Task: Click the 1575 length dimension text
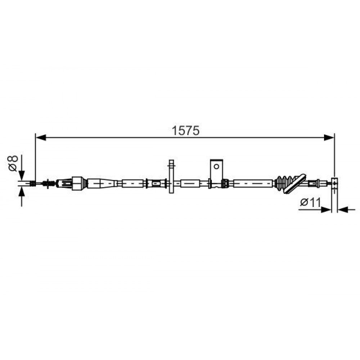pos(185,131)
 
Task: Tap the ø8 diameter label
pos(13,163)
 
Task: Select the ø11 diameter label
pos(310,202)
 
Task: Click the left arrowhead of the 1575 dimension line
pos(41,138)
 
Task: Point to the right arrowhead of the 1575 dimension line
pos(329,138)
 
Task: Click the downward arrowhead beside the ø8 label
pos(22,176)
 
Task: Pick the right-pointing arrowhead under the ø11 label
pos(326,210)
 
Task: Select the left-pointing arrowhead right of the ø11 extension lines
pos(343,210)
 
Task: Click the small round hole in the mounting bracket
pos(216,166)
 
